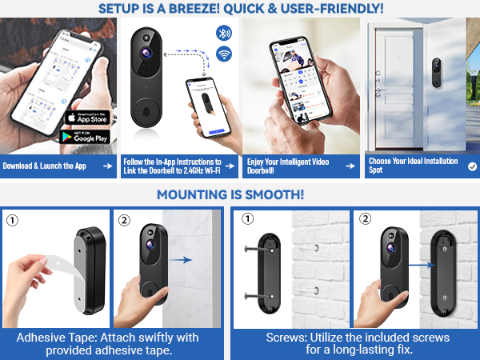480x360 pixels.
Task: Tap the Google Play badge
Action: point(87,138)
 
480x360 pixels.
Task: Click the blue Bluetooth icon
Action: point(224,34)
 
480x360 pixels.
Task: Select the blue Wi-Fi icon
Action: point(224,54)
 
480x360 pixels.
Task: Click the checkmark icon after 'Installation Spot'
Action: point(472,166)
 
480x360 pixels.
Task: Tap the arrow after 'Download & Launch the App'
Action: point(106,166)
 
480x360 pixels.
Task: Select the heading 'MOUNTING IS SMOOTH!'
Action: point(230,194)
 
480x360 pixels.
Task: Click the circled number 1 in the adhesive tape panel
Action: point(11,219)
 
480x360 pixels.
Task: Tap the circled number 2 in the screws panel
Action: point(365,219)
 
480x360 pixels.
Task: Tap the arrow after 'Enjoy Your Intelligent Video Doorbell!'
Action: point(349,166)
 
